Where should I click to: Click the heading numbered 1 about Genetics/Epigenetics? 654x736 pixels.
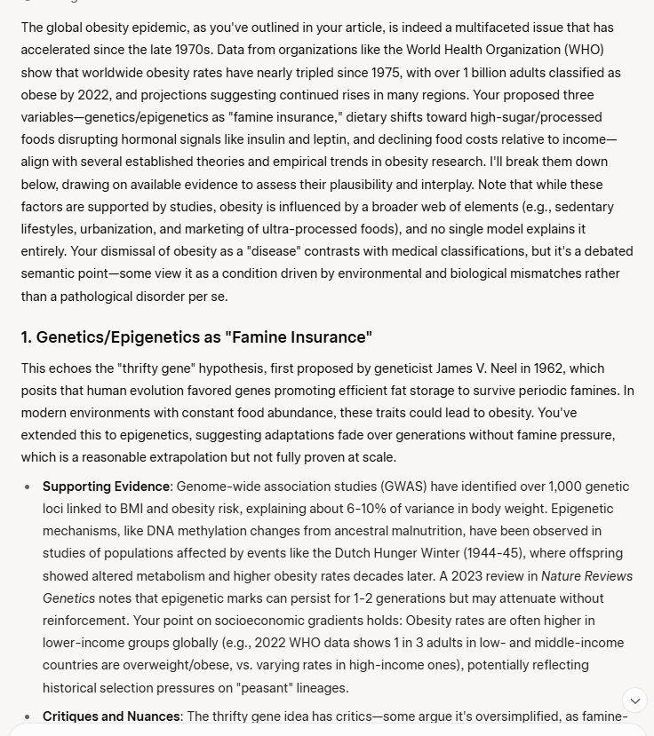click(x=196, y=337)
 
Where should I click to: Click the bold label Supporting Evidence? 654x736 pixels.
click(x=106, y=487)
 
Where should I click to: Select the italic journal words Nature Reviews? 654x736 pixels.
click(x=586, y=576)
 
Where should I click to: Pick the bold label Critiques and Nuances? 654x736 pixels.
click(x=112, y=716)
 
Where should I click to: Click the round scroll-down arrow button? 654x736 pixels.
click(x=634, y=700)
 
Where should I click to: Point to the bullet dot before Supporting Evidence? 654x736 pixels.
click(x=27, y=487)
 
